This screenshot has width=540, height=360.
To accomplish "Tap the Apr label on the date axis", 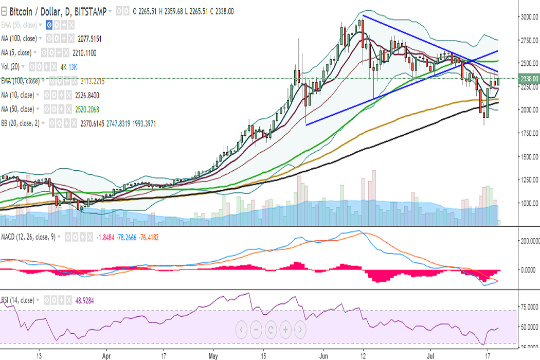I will coord(107,355).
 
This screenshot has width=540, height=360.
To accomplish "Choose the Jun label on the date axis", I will coord(323,355).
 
